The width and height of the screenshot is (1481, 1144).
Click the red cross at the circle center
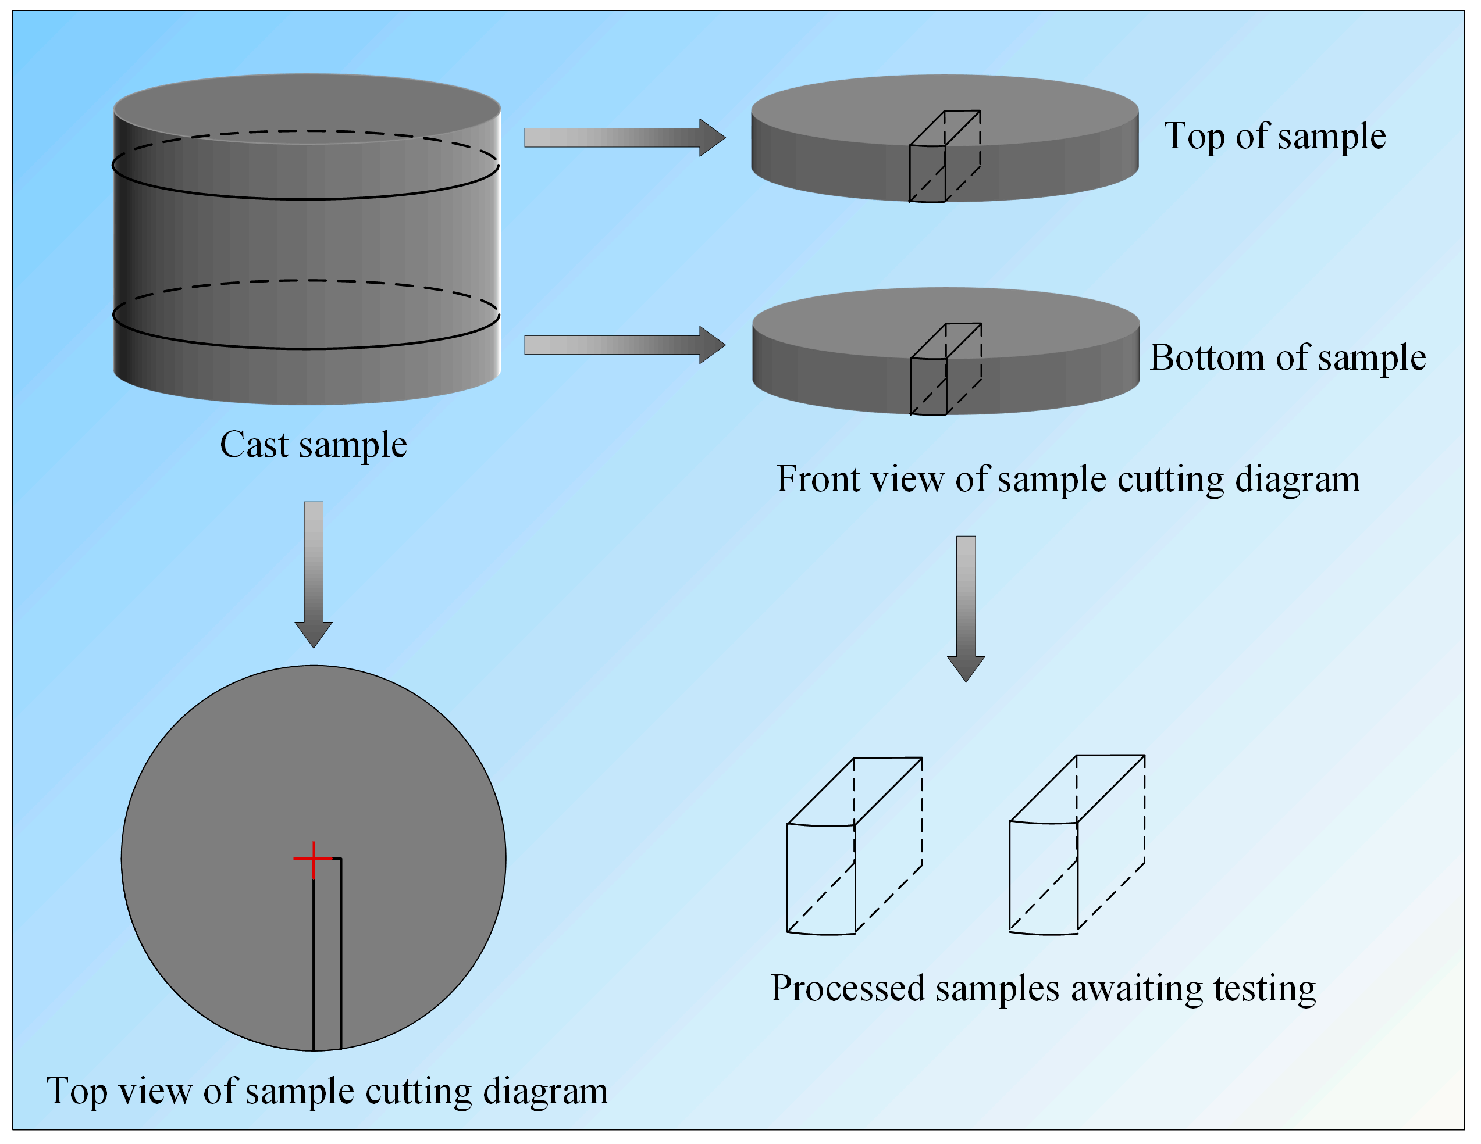[314, 859]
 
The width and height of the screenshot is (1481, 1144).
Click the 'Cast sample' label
[314, 445]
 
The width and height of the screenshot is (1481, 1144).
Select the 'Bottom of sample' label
[1287, 358]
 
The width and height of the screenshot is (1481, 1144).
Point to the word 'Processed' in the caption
[848, 988]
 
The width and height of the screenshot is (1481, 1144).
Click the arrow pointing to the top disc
[624, 138]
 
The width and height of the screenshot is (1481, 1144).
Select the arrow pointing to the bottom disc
[624, 345]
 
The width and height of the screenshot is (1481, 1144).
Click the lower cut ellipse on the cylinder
[305, 348]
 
